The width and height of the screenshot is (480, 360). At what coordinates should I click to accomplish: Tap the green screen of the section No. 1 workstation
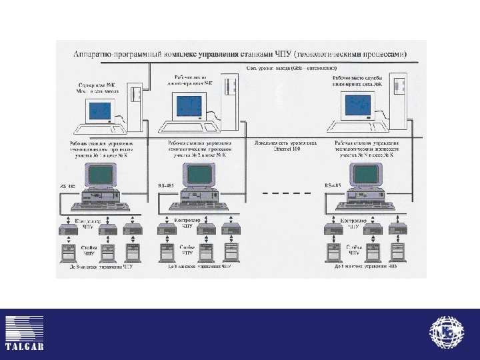101,174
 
